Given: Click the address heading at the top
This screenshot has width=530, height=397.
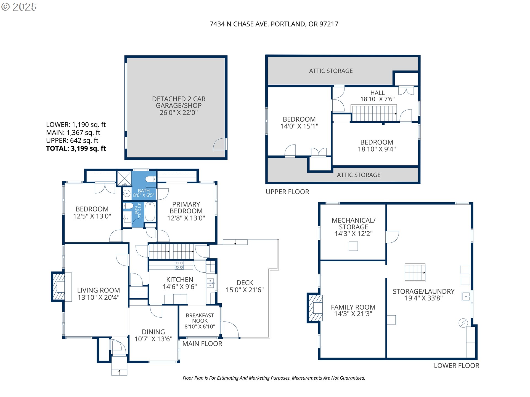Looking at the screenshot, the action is [274, 24].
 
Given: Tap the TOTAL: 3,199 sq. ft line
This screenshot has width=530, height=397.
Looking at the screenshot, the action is [76, 149].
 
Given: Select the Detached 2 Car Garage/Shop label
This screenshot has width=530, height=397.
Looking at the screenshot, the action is [179, 106].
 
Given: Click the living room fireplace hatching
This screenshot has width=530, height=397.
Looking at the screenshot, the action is [59, 287].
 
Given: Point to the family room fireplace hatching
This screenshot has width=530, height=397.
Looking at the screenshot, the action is [315, 308].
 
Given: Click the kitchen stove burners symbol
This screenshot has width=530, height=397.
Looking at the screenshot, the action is [179, 265].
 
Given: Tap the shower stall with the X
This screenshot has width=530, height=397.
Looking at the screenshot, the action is [124, 178].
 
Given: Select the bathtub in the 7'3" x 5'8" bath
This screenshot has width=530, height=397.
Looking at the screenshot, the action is [150, 211].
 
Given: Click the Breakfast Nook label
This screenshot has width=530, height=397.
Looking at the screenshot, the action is [200, 321].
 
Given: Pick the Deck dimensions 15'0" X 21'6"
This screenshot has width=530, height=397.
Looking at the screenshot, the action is [245, 290].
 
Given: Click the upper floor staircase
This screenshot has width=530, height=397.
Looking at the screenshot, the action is [374, 113].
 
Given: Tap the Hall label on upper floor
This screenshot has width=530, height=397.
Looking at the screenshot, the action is [377, 93].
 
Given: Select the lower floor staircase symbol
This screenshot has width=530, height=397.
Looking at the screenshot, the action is [415, 273].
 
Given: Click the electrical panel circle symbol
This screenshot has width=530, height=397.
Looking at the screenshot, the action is [463, 323].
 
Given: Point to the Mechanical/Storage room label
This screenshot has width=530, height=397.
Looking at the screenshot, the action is [354, 227].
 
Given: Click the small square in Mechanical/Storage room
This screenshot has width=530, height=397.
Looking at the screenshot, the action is [353, 246].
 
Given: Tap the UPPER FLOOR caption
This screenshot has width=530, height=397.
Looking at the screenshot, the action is [287, 192].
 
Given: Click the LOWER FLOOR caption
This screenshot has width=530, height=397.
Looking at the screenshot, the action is [457, 366].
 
